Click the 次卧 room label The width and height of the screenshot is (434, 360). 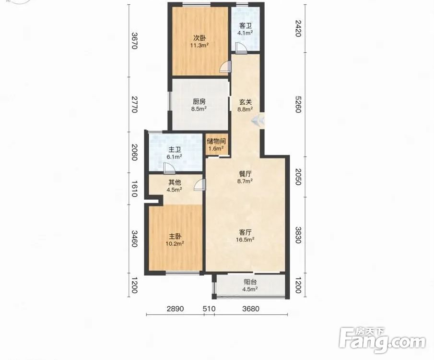pyautogui.click(x=199, y=38)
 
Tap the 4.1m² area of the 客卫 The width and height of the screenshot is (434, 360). pyautogui.click(x=245, y=33)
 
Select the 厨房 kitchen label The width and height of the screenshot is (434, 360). pyautogui.click(x=199, y=102)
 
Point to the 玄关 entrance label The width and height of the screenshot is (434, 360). pyautogui.click(x=245, y=102)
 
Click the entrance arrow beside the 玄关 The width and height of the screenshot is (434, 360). pyautogui.click(x=258, y=120)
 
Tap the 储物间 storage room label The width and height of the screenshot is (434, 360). pyautogui.click(x=216, y=141)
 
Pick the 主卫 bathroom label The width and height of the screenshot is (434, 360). pyautogui.click(x=175, y=150)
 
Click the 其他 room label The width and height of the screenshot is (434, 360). pyautogui.click(x=175, y=182)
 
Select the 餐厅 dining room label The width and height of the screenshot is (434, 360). pyautogui.click(x=245, y=174)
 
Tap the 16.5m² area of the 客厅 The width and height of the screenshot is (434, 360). pyautogui.click(x=245, y=240)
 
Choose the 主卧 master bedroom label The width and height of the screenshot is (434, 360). pyautogui.click(x=175, y=236)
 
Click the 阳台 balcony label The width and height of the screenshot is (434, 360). pyautogui.click(x=250, y=282)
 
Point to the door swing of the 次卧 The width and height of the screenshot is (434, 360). pyautogui.click(x=225, y=67)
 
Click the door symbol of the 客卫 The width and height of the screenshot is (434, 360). pyautogui.click(x=241, y=48)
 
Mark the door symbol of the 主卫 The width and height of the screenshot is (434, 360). pyautogui.click(x=168, y=168)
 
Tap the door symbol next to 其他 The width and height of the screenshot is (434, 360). pyautogui.click(x=200, y=185)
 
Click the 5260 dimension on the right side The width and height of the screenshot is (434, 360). pyautogui.click(x=298, y=104)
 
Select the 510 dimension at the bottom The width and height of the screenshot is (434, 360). pyautogui.click(x=209, y=309)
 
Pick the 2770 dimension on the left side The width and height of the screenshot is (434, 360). pyautogui.click(x=134, y=104)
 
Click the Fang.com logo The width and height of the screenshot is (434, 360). pyautogui.click(x=382, y=340)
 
